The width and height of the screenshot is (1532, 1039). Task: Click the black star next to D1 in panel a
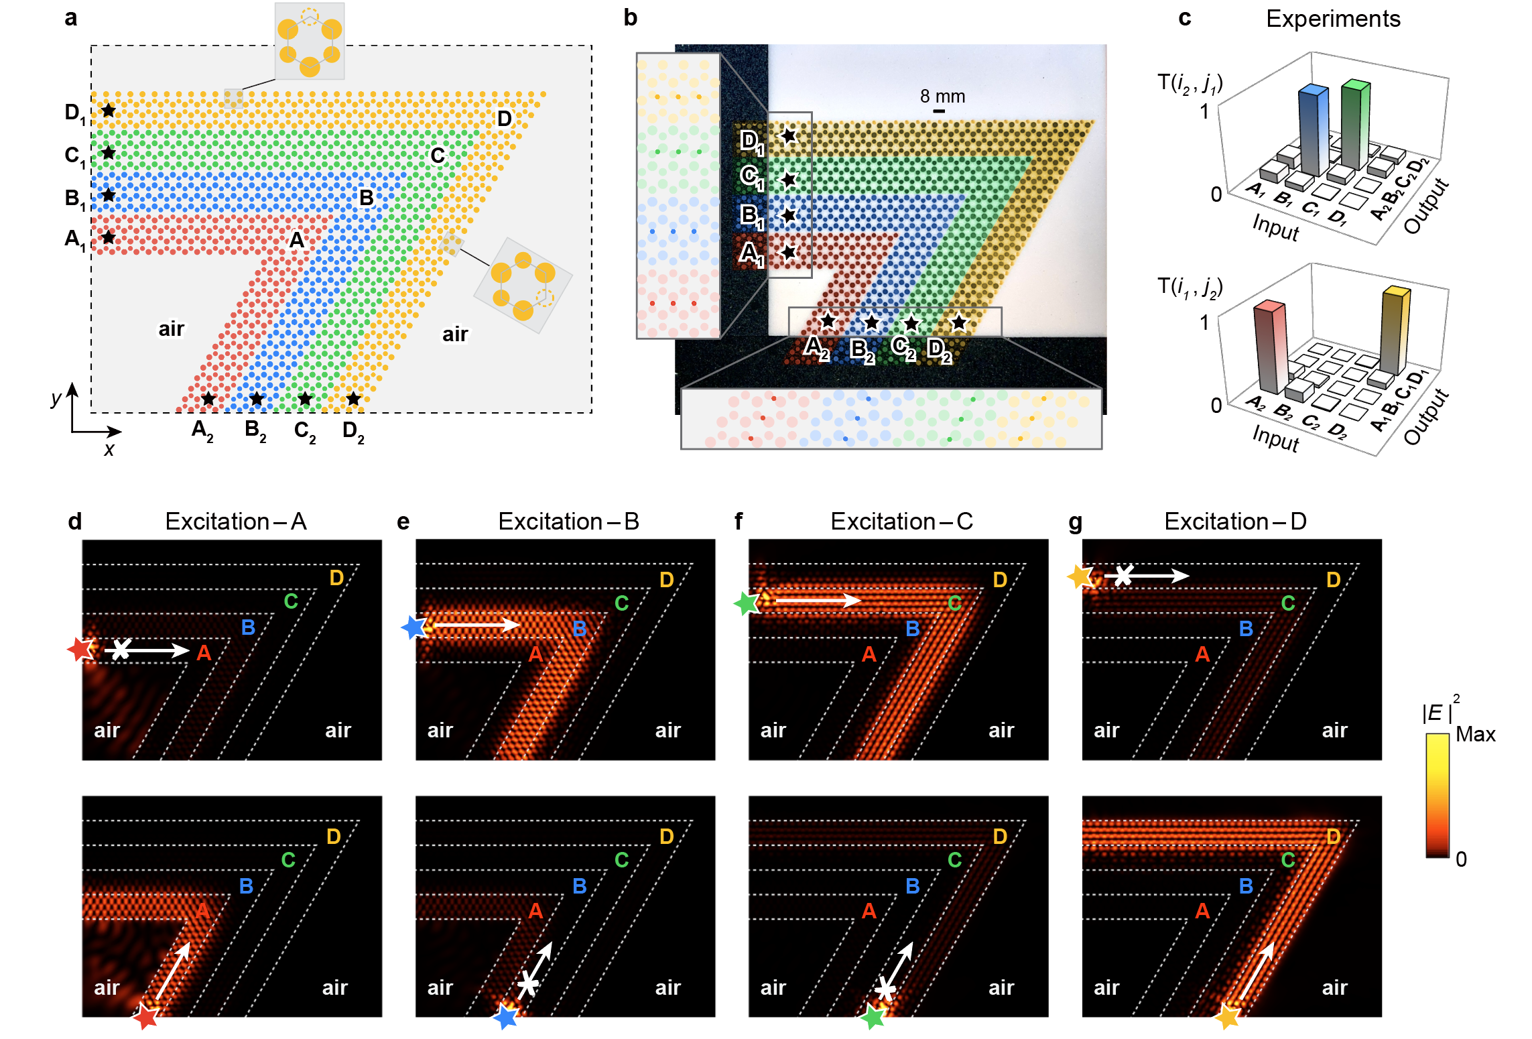pyautogui.click(x=109, y=110)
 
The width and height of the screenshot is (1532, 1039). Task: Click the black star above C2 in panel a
pyautogui.click(x=305, y=399)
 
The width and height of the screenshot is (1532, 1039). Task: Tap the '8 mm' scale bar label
pyautogui.click(x=942, y=97)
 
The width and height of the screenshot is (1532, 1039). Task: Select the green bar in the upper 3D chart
pyautogui.click(x=1355, y=124)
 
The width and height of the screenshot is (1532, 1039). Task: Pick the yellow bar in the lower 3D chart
pyautogui.click(x=1395, y=330)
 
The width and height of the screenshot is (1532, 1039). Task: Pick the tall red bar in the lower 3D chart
pyautogui.click(x=1271, y=346)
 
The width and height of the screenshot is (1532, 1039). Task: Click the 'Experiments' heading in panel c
pyautogui.click(x=1333, y=19)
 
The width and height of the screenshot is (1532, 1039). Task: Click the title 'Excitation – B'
pyautogui.click(x=568, y=521)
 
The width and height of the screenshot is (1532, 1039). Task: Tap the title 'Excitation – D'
pyautogui.click(x=1235, y=521)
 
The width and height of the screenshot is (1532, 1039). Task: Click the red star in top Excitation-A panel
pyautogui.click(x=81, y=649)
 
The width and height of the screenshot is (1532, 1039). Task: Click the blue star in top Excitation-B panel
pyautogui.click(x=414, y=627)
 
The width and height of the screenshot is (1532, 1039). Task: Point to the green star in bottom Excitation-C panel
pyautogui.click(x=873, y=1016)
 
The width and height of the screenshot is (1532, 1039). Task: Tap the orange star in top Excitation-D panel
pyautogui.click(x=1080, y=576)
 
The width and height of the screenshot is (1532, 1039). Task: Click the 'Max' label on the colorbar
pyautogui.click(x=1475, y=734)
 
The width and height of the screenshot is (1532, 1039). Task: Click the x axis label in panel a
pyautogui.click(x=109, y=449)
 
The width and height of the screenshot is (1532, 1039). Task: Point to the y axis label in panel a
pyautogui.click(x=56, y=398)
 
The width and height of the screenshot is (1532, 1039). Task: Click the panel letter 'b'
pyautogui.click(x=630, y=17)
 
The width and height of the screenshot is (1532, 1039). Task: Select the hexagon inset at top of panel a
pyautogui.click(x=310, y=41)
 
